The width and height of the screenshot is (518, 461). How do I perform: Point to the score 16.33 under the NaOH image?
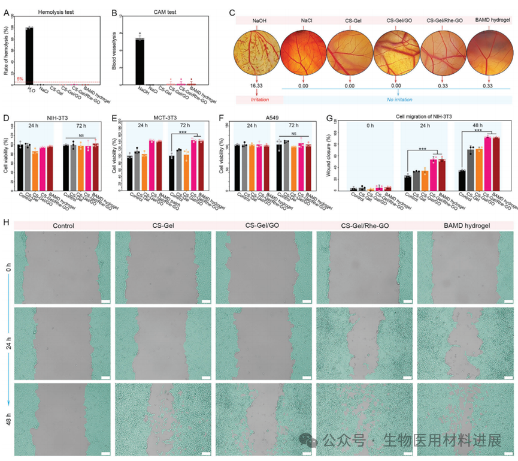[x=257, y=86]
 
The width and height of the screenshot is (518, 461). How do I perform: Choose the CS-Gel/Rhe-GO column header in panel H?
[x=364, y=226]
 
